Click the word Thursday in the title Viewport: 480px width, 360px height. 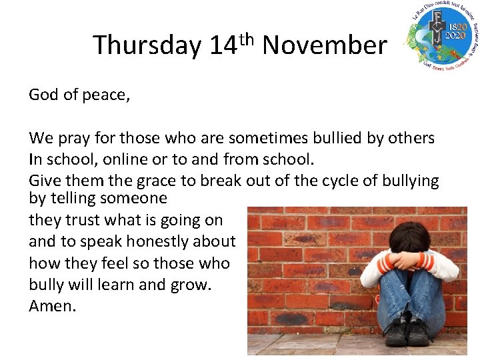point(147,45)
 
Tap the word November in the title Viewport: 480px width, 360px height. point(325,45)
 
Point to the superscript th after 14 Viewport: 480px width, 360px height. point(247,37)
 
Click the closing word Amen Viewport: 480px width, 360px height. point(53,306)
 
